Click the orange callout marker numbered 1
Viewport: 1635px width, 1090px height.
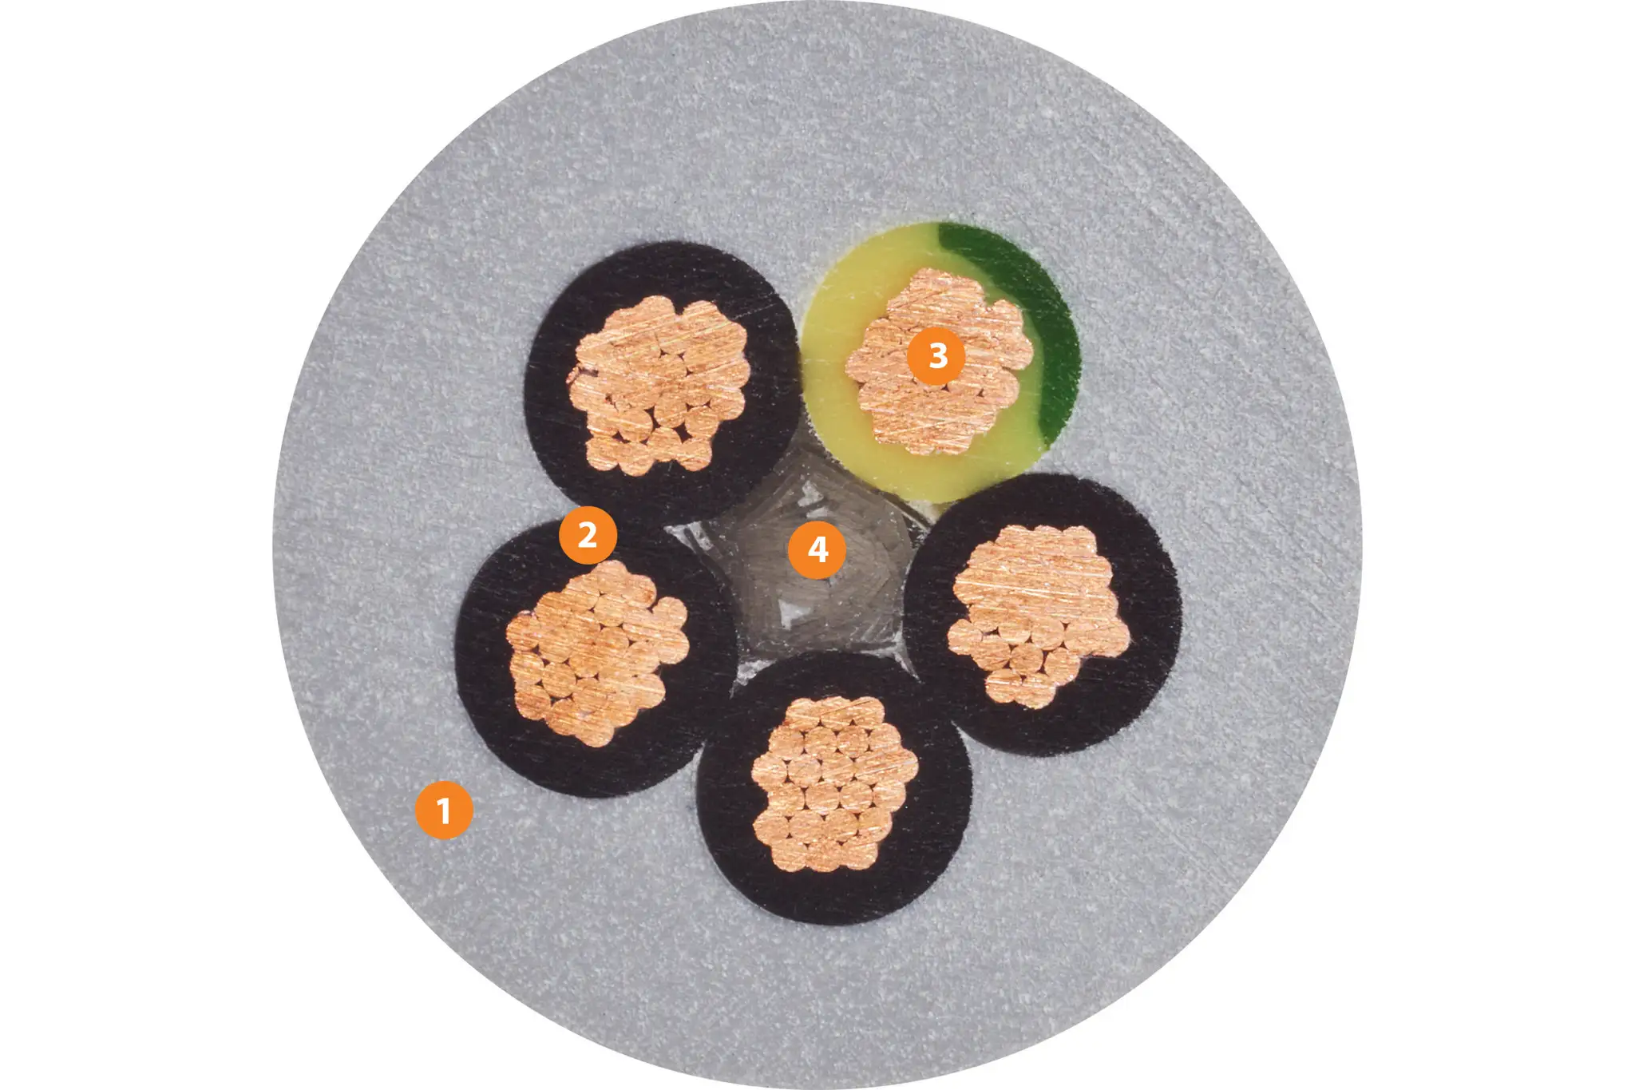pyautogui.click(x=444, y=811)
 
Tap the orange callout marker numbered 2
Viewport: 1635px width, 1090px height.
pyautogui.click(x=588, y=535)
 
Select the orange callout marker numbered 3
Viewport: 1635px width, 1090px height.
pyautogui.click(x=937, y=355)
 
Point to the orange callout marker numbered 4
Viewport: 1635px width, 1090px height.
pyautogui.click(x=817, y=550)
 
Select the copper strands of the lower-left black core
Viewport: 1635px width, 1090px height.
pyautogui.click(x=595, y=651)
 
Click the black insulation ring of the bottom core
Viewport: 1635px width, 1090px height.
pyautogui.click(x=834, y=894)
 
